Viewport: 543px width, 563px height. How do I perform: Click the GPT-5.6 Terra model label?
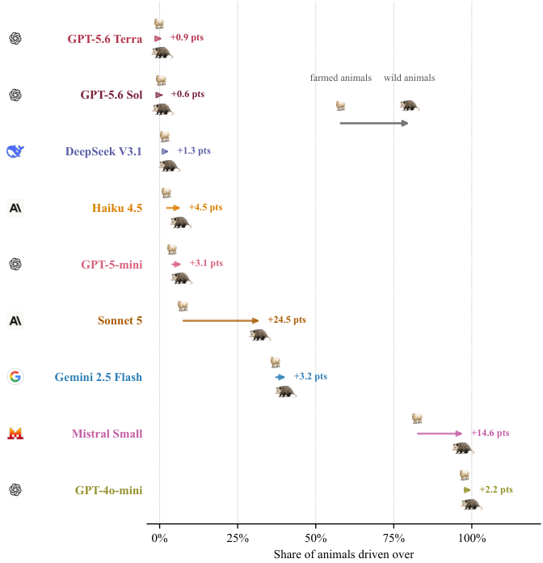105,39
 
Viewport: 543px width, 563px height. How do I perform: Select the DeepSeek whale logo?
15,151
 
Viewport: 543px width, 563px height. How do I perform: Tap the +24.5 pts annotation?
287,320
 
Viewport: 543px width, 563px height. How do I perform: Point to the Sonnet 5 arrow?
221,320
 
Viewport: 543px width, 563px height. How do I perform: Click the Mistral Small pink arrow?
440,434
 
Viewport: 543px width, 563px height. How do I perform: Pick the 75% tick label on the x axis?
394,538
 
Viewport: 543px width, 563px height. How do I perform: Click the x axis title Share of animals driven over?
343,554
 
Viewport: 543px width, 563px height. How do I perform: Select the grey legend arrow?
374,123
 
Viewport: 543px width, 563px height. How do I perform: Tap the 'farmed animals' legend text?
341,78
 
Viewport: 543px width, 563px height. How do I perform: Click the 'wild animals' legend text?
409,78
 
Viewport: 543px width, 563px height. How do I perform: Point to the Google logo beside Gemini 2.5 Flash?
15,377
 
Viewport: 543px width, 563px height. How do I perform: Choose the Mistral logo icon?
15,434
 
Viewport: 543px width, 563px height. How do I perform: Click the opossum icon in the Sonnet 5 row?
260,335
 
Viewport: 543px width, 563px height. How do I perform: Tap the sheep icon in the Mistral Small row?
417,418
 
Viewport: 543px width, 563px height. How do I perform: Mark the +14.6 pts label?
490,433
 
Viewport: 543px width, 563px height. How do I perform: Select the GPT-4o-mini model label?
108,490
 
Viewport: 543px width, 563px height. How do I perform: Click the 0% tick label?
160,538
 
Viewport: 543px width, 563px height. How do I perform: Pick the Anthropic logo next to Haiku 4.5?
15,208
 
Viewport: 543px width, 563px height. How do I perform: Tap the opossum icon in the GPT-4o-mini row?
472,504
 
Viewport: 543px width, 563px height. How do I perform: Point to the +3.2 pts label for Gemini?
310,376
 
